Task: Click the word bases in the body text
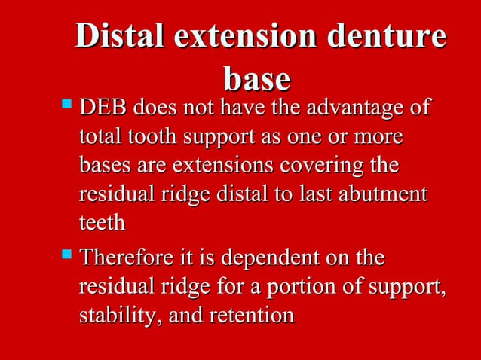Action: [x=102, y=166]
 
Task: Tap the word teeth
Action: [x=102, y=222]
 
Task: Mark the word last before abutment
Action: [x=317, y=194]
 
